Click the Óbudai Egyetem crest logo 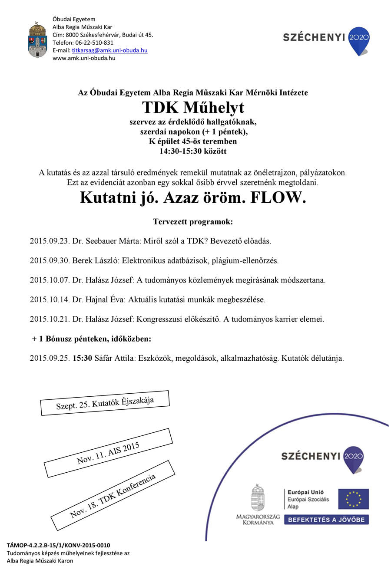[37, 40]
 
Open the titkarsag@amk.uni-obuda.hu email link [109, 50]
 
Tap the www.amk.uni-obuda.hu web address [84, 58]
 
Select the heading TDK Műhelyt [193, 107]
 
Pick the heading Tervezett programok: [193, 222]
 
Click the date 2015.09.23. [50, 241]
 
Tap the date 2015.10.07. [50, 280]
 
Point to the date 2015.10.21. [50, 319]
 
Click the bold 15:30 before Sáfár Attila [82, 359]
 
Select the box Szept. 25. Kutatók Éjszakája [105, 403]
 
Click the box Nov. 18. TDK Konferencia [113, 495]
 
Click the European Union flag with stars [353, 499]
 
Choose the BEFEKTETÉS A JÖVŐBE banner [326, 520]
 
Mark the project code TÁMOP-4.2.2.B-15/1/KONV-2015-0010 [58, 545]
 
